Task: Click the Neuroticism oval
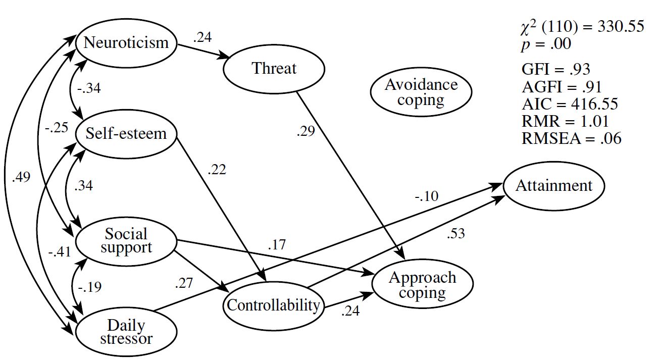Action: click(126, 42)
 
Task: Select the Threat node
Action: click(274, 69)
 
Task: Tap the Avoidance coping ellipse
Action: click(421, 92)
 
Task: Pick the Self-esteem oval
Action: click(126, 134)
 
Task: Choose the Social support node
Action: click(126, 240)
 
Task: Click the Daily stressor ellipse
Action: click(126, 332)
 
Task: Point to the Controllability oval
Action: click(273, 305)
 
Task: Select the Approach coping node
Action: click(422, 285)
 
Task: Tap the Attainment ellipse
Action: click(553, 186)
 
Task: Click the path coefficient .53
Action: click(455, 234)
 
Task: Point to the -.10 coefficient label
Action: click(427, 195)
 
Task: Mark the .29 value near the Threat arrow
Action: click(306, 132)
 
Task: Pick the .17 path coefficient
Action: click(276, 245)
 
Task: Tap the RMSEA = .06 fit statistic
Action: click(571, 139)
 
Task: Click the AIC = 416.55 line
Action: click(570, 105)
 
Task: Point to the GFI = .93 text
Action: click(555, 70)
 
